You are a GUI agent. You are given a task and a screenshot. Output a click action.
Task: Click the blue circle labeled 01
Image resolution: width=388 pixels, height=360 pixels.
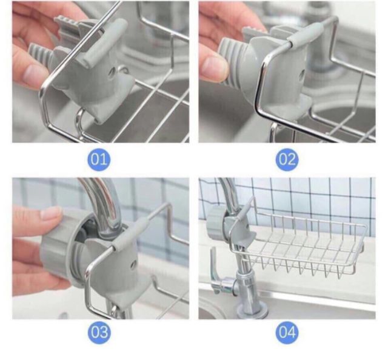[99, 159]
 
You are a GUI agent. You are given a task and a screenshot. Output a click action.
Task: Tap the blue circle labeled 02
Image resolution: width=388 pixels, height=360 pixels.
[287, 159]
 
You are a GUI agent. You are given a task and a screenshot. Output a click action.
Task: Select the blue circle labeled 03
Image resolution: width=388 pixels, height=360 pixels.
[99, 332]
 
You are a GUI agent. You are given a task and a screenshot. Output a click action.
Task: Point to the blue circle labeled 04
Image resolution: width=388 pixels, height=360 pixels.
[287, 332]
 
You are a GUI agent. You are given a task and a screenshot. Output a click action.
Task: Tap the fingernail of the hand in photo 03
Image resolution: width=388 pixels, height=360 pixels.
[50, 213]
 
